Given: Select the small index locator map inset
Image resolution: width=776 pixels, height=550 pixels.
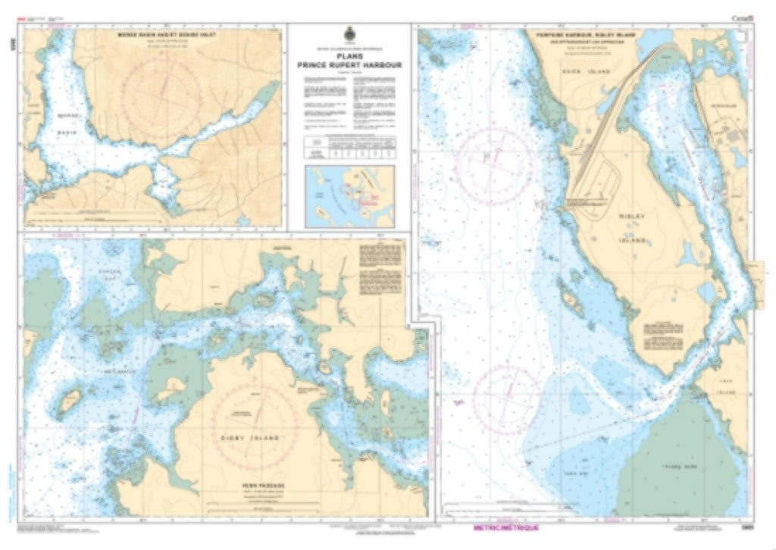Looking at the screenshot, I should [349, 196].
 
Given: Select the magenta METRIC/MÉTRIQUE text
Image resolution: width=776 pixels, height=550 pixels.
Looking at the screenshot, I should [505, 524].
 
